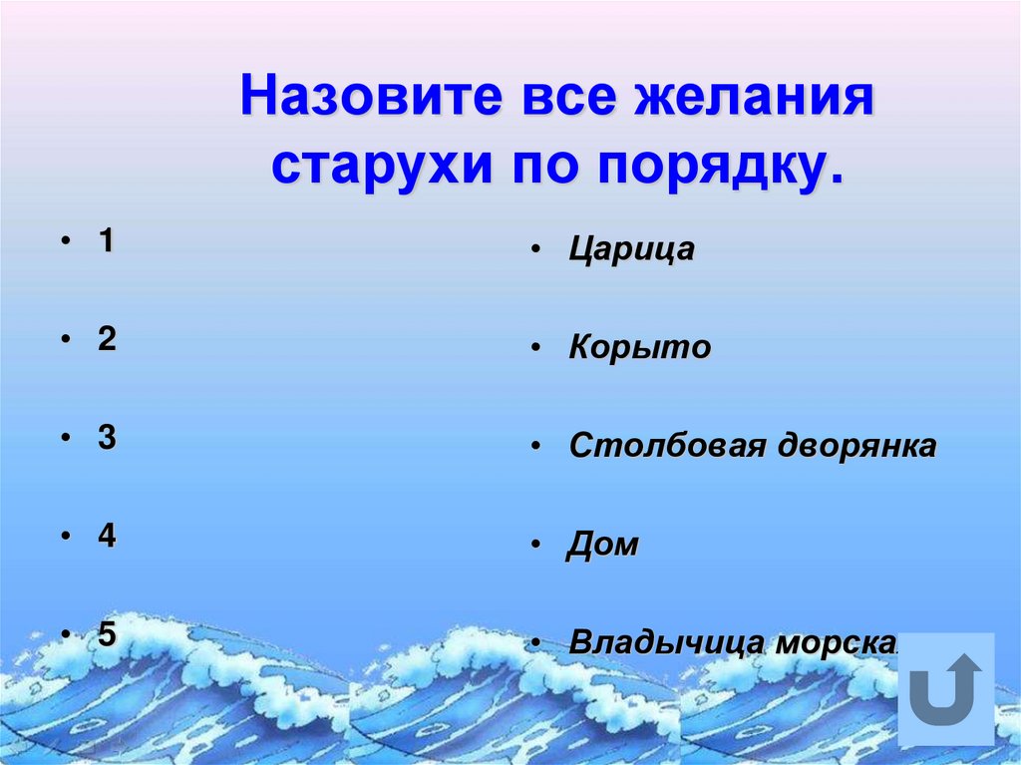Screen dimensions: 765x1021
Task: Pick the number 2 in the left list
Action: pos(106,339)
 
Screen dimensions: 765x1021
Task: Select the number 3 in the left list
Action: pos(106,438)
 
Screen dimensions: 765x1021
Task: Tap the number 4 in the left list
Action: pos(106,536)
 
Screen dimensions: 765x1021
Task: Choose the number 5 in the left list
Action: pos(106,634)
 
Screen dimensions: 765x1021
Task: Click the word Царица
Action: pos(631,249)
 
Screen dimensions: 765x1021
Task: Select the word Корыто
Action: pos(639,348)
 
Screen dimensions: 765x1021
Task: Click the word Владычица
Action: pos(660,643)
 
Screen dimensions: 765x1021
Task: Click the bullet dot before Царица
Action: pos(536,250)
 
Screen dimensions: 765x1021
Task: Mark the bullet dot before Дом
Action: pos(536,546)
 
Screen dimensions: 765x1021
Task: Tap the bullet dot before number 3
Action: pos(65,439)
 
